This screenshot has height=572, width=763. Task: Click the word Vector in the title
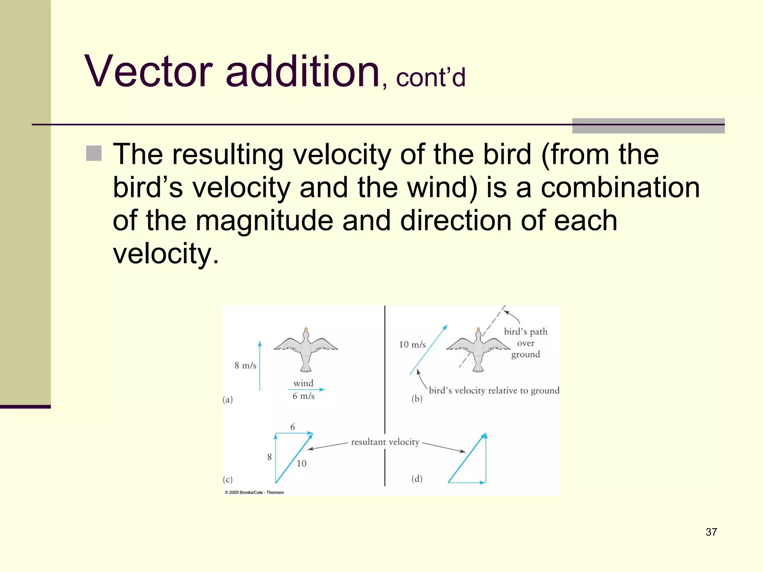pos(149,71)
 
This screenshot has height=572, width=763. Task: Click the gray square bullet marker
pos(94,153)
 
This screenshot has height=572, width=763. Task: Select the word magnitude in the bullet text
pos(264,220)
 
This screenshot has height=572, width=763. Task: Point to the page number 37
pos(711,532)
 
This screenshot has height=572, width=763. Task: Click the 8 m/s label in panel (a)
pos(245,366)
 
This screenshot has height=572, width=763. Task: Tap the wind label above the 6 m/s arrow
pos(303,383)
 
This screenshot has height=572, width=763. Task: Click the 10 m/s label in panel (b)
pos(412,345)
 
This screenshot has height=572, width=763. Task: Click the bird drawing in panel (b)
pos(478,349)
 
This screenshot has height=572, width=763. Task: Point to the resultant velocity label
pos(385,442)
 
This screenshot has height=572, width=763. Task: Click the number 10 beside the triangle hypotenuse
pos(301,464)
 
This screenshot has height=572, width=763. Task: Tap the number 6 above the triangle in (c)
pos(292,427)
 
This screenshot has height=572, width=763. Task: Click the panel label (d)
pos(417,479)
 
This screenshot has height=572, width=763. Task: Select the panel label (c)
pos(228,479)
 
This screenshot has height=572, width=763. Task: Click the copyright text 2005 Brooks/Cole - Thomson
pos(254,492)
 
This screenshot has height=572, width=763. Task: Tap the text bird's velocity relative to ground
pos(494,391)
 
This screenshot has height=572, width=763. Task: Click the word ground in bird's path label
pos(525,355)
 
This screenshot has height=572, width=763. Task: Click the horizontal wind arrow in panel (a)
pos(306,390)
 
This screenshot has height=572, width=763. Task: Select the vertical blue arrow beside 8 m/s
pos(260,366)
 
